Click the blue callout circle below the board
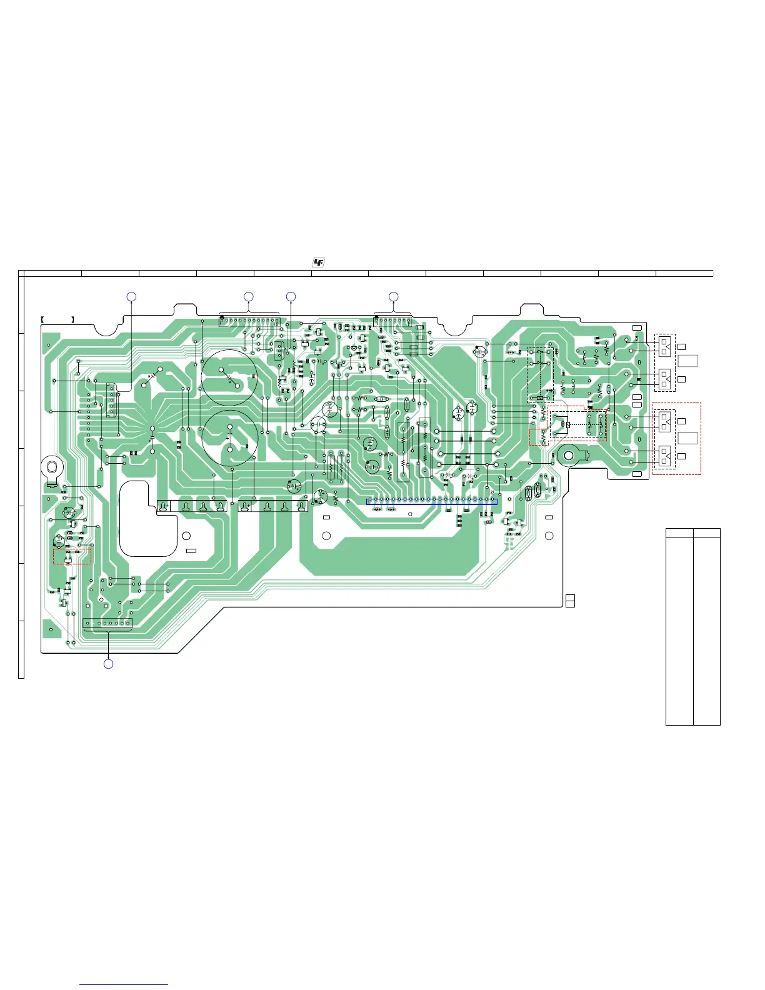(108, 664)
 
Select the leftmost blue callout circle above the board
(131, 296)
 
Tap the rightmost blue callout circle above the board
(393, 296)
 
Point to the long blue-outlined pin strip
(432, 501)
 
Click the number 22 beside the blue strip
(492, 494)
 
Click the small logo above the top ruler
(319, 263)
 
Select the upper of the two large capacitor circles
(229, 377)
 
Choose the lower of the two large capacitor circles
(230, 438)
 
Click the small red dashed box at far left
(72, 556)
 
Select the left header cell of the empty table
(679, 533)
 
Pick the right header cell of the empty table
(707, 533)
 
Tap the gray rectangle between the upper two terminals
(687, 361)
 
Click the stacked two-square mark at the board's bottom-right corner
(570, 601)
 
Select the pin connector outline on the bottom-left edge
(107, 624)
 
